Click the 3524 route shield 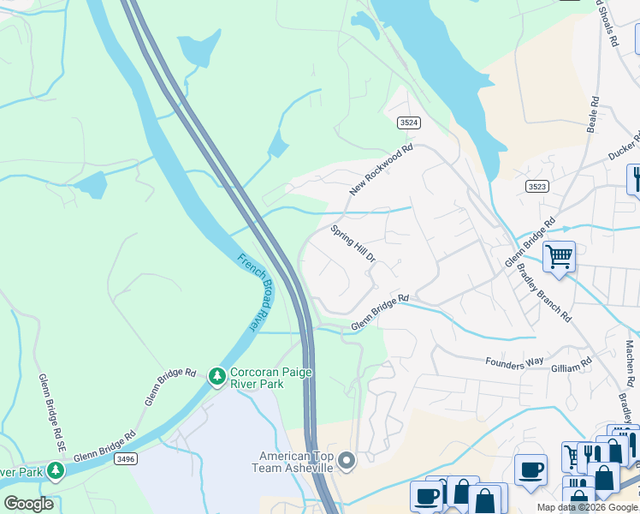409,123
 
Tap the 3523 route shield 537,186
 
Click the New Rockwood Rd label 381,170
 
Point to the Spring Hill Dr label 353,244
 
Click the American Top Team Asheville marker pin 347,462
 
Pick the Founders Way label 515,362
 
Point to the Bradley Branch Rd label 544,292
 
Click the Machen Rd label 631,360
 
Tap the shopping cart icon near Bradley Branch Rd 559,256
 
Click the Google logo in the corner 28,503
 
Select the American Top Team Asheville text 288,462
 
